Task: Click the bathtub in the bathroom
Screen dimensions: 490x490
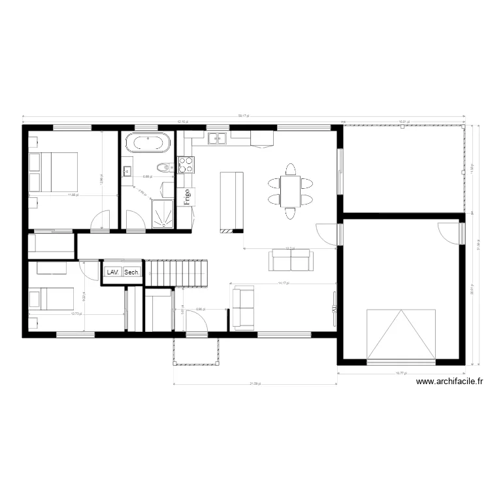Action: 148,142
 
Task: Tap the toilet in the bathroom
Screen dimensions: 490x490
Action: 167,167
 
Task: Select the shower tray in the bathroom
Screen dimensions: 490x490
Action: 163,212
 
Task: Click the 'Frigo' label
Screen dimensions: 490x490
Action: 187,197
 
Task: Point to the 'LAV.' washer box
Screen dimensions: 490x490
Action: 112,272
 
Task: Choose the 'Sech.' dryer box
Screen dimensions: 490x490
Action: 131,272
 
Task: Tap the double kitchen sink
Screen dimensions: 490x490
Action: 218,138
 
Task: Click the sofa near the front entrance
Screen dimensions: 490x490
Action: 244,307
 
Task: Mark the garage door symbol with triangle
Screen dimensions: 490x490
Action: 401,335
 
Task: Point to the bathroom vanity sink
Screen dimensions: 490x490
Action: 127,172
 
